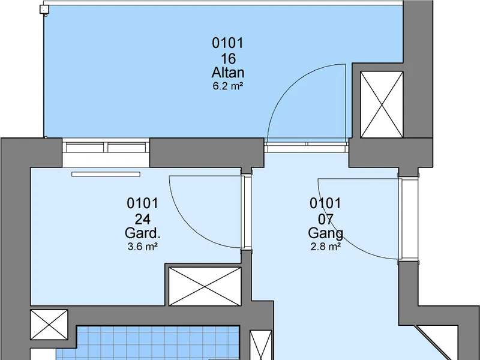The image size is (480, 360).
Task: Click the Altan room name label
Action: (x=228, y=73)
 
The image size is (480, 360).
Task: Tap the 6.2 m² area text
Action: (x=228, y=86)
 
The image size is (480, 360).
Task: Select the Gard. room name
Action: (x=143, y=233)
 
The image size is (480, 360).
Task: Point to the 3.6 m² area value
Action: (x=143, y=247)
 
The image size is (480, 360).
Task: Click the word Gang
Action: (x=325, y=233)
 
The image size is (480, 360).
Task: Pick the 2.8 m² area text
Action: (x=326, y=247)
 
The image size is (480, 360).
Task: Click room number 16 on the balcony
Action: (x=228, y=58)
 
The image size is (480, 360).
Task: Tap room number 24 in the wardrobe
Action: (x=143, y=219)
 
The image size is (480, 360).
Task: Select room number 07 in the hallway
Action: (x=325, y=219)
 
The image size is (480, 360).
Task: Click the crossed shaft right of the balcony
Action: (x=382, y=104)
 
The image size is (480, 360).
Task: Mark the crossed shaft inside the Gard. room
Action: (x=205, y=287)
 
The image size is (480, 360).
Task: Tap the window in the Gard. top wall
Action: (x=106, y=148)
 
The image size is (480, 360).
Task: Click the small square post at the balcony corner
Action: (x=44, y=9)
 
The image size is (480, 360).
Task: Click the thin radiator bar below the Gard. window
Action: (x=106, y=174)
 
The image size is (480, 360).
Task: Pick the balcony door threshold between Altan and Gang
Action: (x=307, y=147)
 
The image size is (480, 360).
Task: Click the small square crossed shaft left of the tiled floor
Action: (x=49, y=325)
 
